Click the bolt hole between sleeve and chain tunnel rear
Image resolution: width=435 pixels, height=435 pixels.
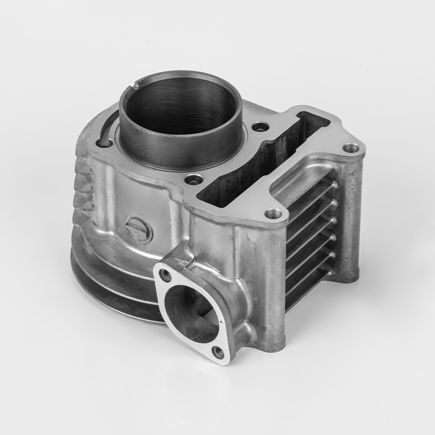point(262,127)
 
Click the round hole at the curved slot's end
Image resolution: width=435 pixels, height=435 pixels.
point(105,142)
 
